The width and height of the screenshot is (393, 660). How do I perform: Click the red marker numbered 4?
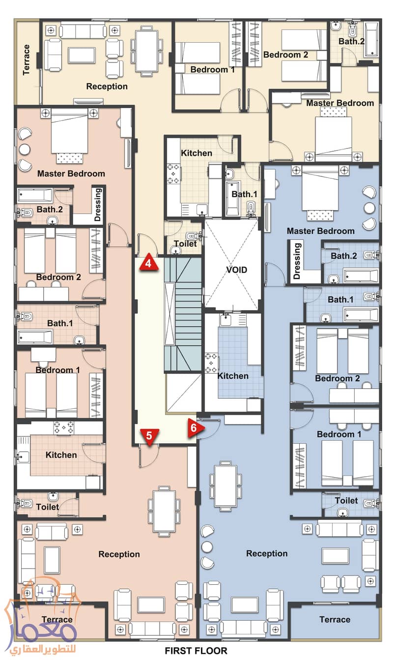coord(149,263)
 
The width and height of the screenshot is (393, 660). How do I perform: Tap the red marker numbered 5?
coord(149,435)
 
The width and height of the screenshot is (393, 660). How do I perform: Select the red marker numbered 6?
coord(194,428)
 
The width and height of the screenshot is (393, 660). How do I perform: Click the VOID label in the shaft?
coord(236,270)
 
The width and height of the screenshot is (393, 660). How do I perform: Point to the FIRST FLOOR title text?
coord(196,651)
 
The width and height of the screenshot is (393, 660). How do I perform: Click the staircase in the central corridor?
coord(183,315)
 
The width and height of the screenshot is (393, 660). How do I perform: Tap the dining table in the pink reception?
coord(164,511)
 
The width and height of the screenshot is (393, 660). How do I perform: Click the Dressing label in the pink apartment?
coord(97,204)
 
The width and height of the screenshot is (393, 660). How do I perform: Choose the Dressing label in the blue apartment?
coord(296,260)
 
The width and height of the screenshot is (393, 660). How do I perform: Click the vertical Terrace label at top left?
coord(27,60)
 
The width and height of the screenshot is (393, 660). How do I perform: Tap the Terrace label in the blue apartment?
coord(335,619)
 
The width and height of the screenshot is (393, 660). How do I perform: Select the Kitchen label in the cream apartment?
coord(196,153)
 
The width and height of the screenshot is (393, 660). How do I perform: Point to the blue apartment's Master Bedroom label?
coord(320,230)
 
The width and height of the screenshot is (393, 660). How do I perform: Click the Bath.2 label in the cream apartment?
coord(351,41)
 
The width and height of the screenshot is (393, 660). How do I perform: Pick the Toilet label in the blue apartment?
coord(346,500)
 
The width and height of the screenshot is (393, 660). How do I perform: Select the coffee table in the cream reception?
coord(82,55)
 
